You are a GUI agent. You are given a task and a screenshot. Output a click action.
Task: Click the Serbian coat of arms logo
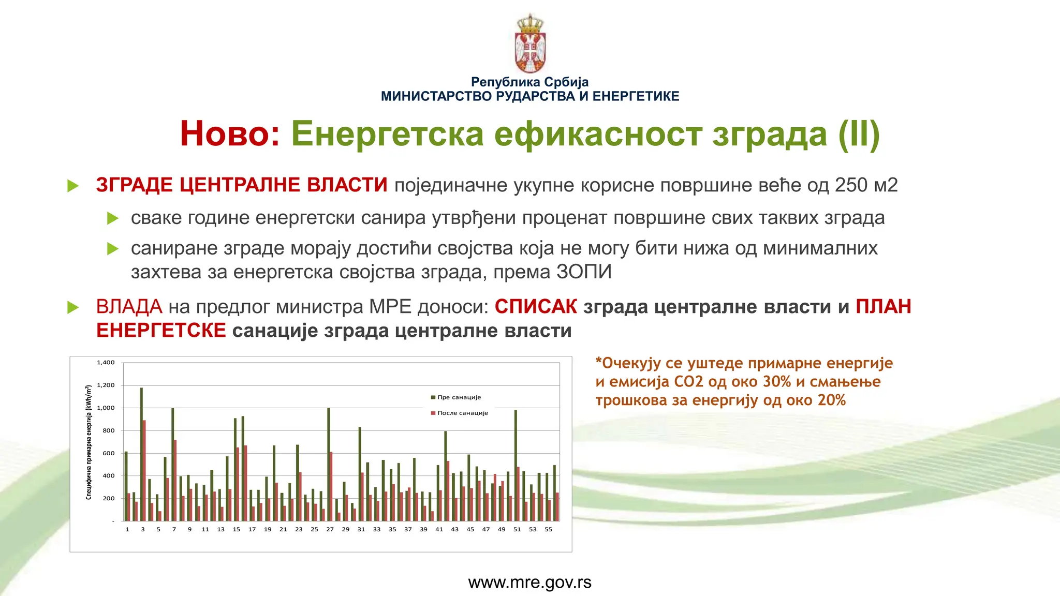pos(530,44)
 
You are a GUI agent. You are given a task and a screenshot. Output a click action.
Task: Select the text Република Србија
pos(529,82)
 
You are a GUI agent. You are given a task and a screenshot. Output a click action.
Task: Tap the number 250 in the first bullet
pos(851,185)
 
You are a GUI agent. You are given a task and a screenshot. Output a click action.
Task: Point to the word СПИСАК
pos(536,306)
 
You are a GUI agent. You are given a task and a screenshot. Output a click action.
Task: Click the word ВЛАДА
pos(129,306)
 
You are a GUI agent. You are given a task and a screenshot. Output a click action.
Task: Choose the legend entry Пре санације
pos(459,397)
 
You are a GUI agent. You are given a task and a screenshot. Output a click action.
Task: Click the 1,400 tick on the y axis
pos(106,363)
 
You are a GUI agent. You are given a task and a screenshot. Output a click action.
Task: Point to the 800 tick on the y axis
pos(108,430)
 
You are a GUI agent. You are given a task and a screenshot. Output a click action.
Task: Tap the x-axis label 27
pos(330,529)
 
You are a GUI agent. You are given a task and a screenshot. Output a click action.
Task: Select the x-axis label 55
pos(548,529)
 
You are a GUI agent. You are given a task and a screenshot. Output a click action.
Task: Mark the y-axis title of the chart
pos(89,442)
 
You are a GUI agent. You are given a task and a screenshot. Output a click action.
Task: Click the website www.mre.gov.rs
pos(529,583)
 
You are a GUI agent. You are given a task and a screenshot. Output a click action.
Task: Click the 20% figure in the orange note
pos(832,400)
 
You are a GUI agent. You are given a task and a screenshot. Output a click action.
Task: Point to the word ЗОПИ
pos(584,272)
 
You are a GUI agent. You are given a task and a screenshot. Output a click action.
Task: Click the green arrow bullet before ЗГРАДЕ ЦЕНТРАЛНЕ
pos(73,186)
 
